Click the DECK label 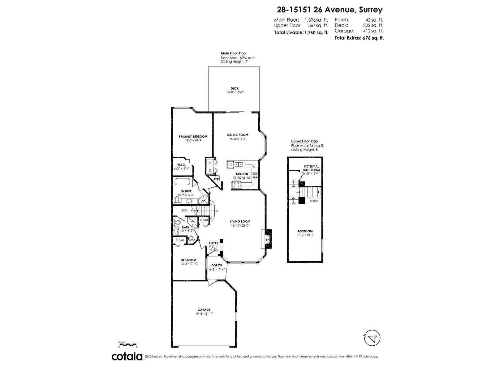235,88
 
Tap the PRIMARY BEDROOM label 193,136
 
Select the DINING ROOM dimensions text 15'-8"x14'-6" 238,139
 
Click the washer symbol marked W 210,162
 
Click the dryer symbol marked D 210,170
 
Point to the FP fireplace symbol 267,239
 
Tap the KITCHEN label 242,174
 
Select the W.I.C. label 181,164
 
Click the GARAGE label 204,309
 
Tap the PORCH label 217,265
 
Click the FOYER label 213,243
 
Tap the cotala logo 127,356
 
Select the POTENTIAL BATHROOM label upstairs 311,168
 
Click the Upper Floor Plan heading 304,141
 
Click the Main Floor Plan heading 233,53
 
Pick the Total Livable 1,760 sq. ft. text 301,32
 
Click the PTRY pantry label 217,179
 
